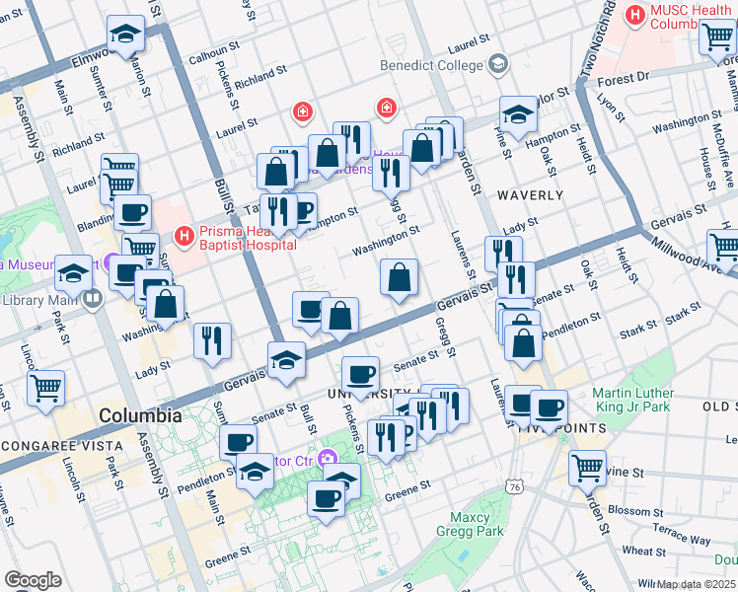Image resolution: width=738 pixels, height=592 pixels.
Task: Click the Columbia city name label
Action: [x=139, y=416]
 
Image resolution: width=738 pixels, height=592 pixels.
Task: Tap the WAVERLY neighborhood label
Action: [x=530, y=195]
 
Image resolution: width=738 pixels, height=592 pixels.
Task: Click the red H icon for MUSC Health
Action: [x=635, y=16]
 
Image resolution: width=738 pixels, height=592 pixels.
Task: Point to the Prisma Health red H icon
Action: [x=182, y=235]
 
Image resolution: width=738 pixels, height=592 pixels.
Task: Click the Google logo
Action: [x=33, y=579]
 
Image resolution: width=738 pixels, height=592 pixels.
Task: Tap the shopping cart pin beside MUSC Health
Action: [x=716, y=37]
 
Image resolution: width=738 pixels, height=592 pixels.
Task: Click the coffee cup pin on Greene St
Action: [x=326, y=497]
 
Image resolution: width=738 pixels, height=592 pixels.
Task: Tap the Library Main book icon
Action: [x=93, y=299]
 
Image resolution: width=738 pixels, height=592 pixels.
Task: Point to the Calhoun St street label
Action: [x=215, y=58]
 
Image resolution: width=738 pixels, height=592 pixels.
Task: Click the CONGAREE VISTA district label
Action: [x=59, y=446]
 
